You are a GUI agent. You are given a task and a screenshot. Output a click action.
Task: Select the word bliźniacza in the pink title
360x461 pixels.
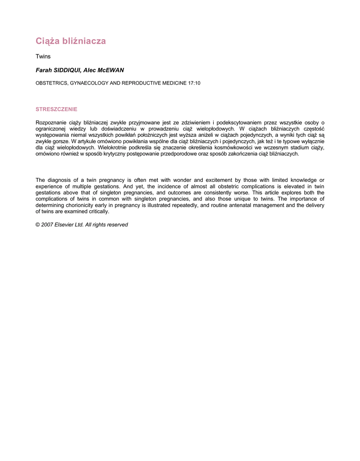(x=84, y=41)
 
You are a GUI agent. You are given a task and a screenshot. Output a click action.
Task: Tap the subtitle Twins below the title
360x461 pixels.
(x=43, y=57)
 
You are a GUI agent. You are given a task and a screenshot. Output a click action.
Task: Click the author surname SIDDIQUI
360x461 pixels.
(x=68, y=70)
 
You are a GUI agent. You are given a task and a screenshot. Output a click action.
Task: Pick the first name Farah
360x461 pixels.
(x=43, y=70)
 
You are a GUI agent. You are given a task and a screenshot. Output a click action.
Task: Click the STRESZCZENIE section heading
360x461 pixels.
(x=56, y=109)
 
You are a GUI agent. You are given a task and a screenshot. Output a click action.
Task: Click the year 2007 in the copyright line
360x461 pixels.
(x=48, y=225)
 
